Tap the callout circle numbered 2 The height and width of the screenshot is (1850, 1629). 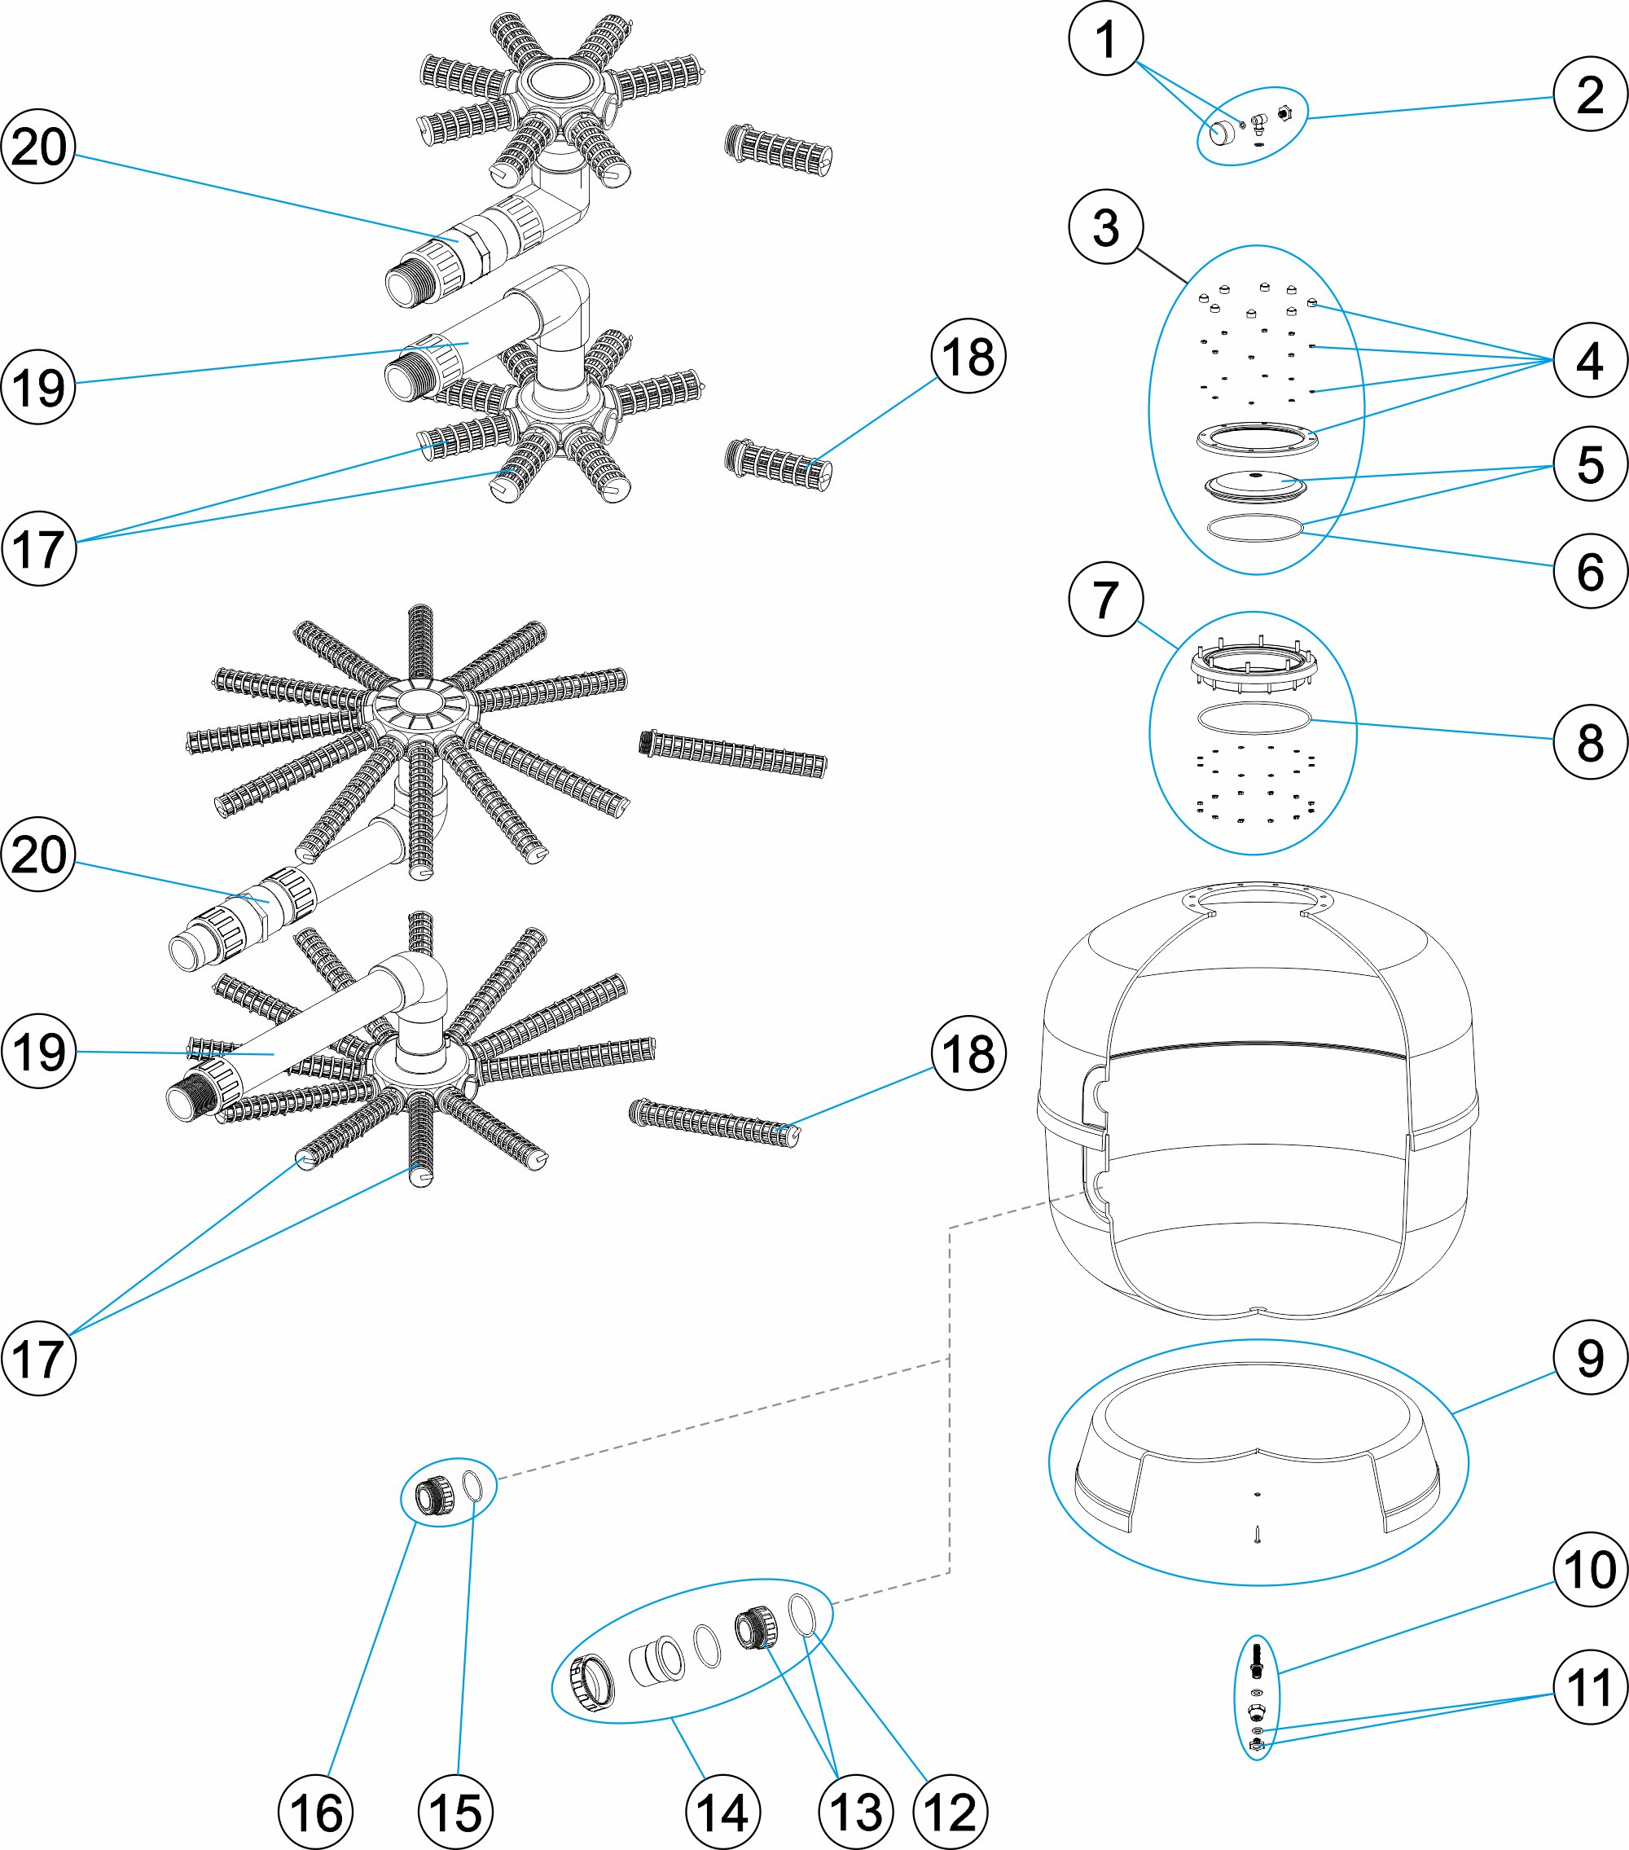click(1590, 94)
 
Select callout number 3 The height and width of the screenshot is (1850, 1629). click(1106, 226)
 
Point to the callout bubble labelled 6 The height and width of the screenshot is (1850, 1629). click(1590, 571)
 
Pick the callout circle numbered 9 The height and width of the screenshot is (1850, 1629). click(1590, 1358)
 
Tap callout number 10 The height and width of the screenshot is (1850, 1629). click(1590, 1570)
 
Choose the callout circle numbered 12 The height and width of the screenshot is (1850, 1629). click(951, 1812)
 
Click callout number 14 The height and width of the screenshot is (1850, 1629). click(722, 1812)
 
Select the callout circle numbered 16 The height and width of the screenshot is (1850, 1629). click(316, 1812)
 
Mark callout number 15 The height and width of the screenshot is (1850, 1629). click(455, 1812)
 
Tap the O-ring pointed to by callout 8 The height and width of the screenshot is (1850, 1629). click(1254, 718)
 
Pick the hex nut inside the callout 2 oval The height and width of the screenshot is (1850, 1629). click(1284, 114)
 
